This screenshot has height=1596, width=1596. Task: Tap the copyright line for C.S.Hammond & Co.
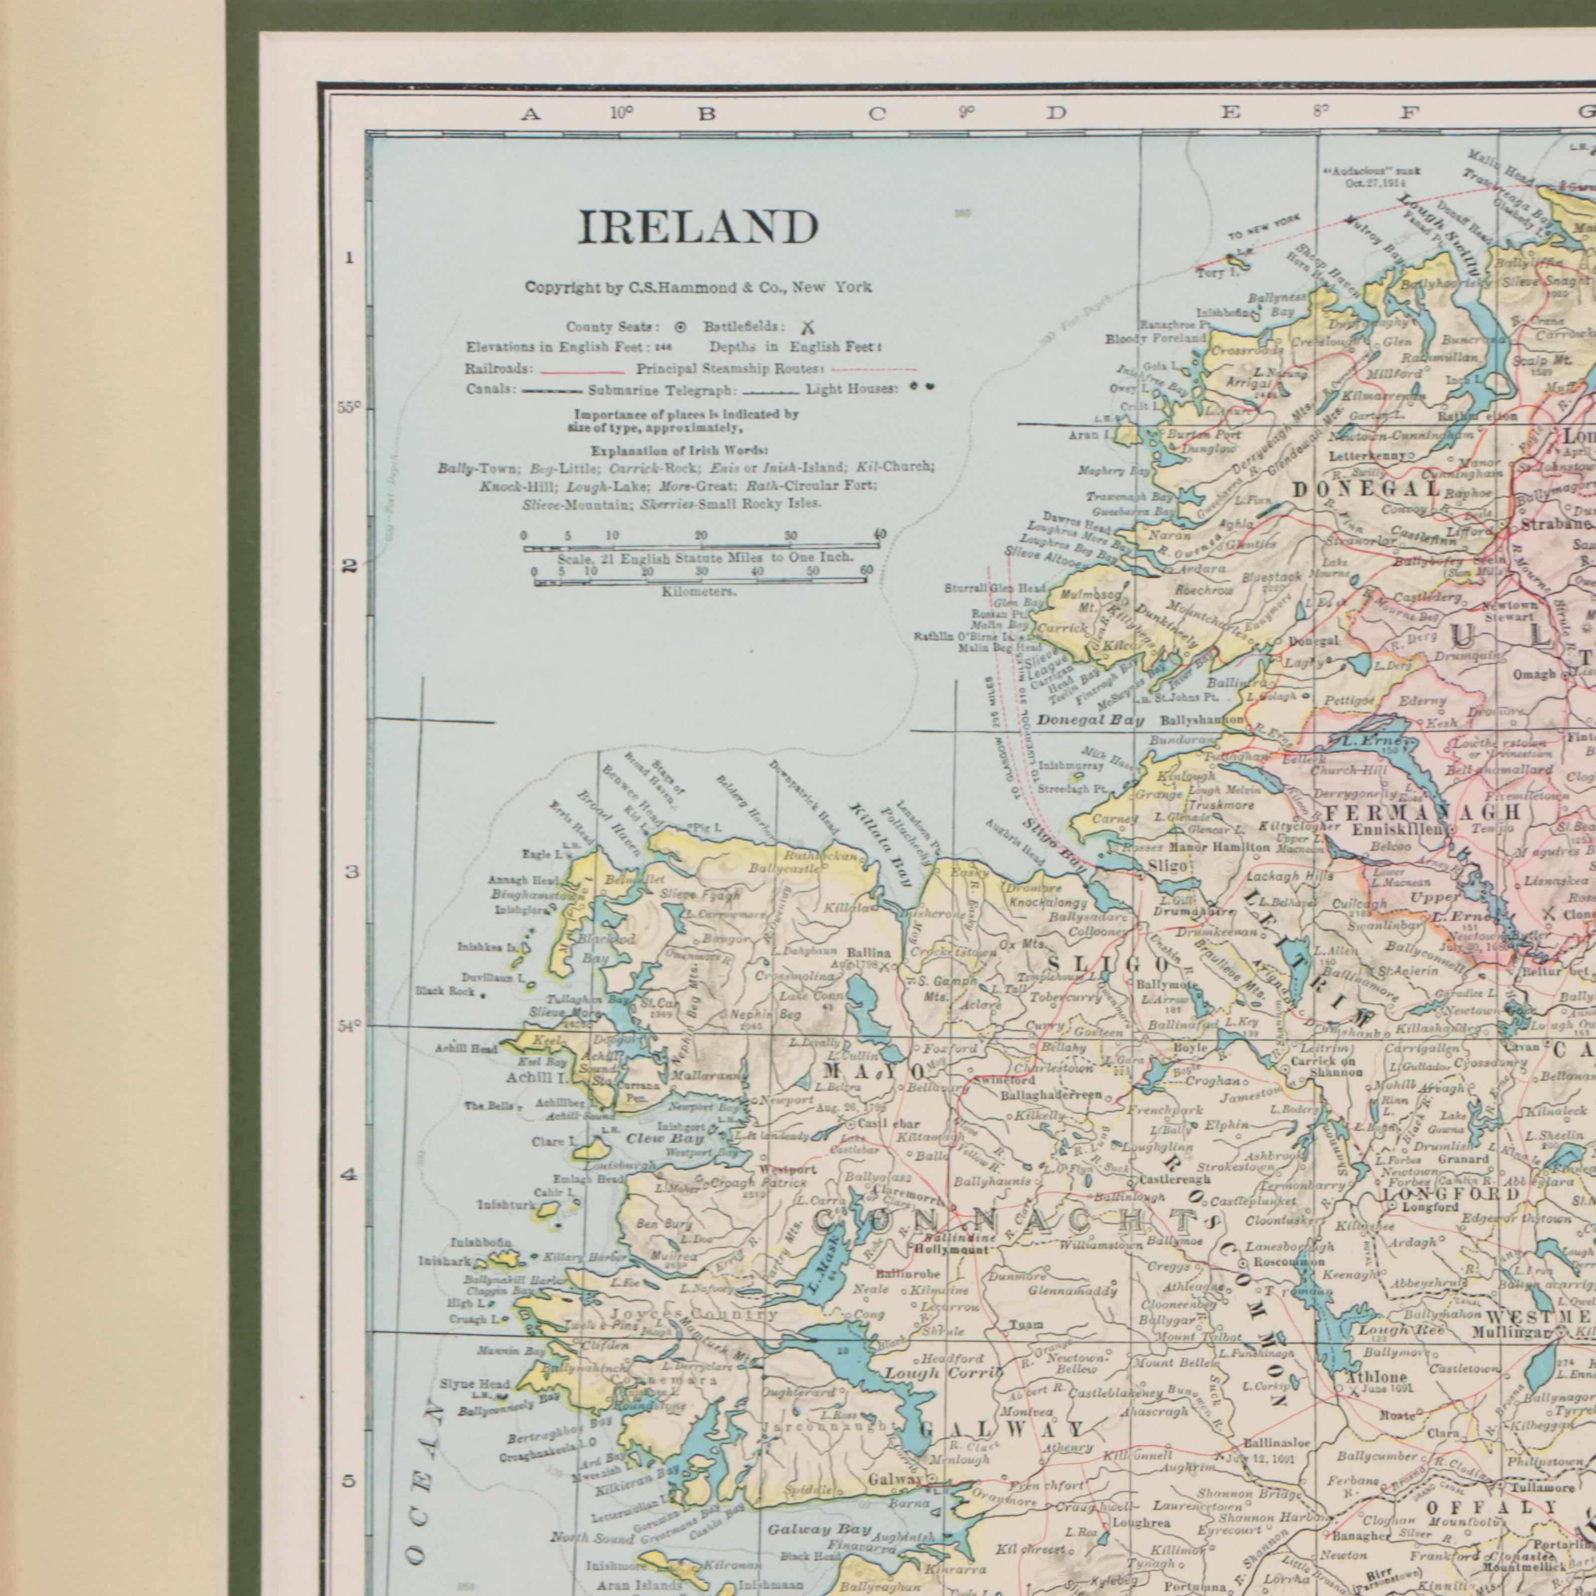point(698,287)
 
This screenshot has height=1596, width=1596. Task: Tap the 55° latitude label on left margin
point(349,407)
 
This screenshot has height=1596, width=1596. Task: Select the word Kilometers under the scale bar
point(699,592)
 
